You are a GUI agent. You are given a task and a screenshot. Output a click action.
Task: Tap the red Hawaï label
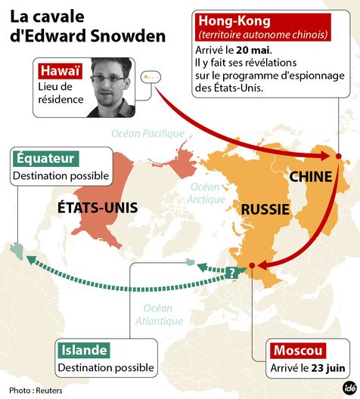60,71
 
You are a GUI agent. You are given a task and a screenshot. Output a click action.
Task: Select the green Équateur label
45,158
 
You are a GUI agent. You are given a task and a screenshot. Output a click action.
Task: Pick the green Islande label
83,351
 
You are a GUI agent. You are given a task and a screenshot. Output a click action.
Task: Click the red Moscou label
299,351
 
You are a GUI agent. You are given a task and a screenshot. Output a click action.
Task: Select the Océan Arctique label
207,193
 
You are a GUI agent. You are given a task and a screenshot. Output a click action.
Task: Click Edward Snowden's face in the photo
107,81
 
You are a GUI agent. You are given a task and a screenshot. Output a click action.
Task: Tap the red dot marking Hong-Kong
337,157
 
